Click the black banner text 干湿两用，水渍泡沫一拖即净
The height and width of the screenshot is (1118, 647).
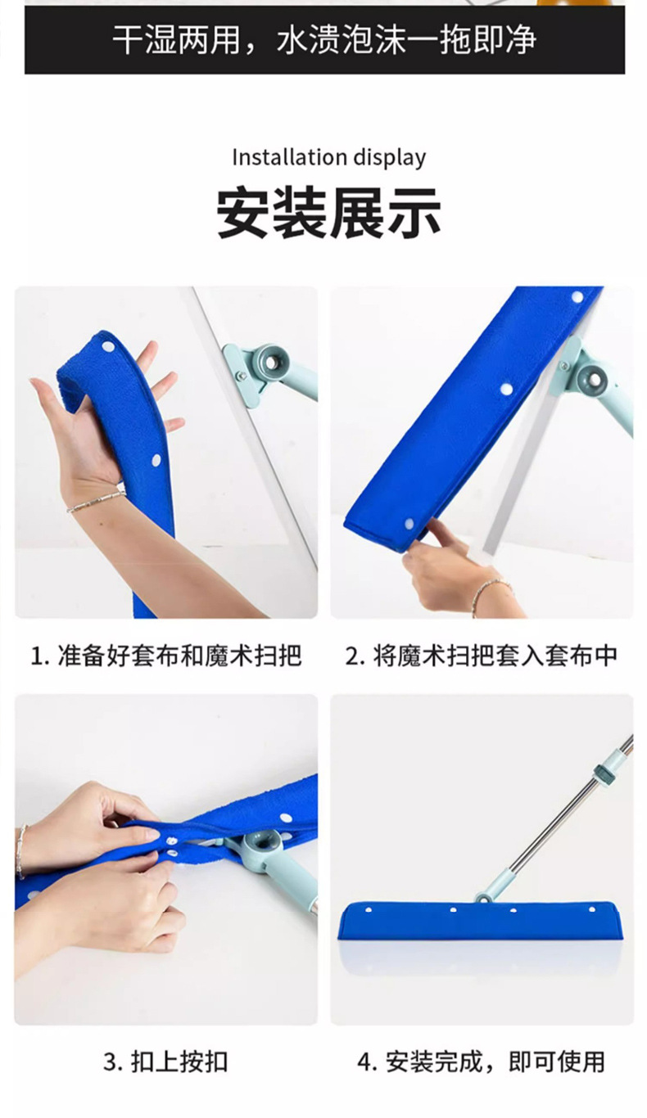point(324,40)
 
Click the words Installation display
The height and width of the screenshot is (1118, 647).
point(328,158)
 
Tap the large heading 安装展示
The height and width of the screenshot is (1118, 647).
point(328,212)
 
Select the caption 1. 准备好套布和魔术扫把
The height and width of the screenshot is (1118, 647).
point(166,656)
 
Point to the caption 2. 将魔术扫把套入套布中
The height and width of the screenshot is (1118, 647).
point(481,656)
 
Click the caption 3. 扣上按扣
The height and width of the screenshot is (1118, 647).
point(165,1062)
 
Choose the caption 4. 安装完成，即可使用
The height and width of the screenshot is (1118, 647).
point(481,1062)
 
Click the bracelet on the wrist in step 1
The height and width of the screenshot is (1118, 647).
point(96,501)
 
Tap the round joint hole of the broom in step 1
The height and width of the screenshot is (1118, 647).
point(271,363)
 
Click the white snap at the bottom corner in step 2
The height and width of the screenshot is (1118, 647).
point(409,524)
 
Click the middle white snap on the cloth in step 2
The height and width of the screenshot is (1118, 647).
point(505,388)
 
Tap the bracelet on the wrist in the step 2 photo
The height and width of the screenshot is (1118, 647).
point(492,592)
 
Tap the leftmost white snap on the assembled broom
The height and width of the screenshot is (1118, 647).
point(369,910)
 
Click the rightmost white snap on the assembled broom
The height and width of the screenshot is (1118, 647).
point(592,909)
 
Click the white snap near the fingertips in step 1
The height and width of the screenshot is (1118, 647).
point(107,346)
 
